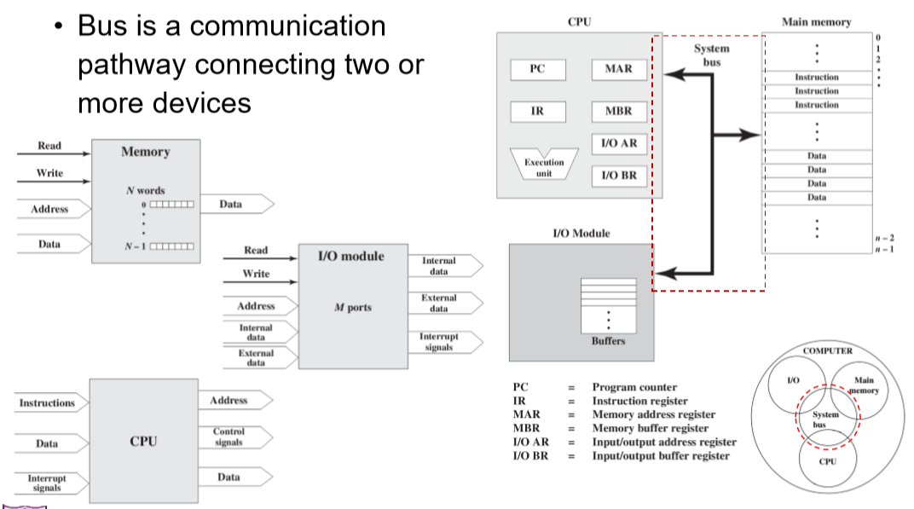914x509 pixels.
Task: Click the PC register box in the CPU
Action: (537, 69)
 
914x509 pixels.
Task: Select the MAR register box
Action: (618, 69)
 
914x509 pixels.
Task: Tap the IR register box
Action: (537, 111)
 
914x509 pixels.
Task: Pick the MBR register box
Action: (618, 111)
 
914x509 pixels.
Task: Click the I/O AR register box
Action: (618, 143)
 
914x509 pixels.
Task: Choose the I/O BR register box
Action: (618, 176)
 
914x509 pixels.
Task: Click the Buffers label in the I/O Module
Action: (608, 341)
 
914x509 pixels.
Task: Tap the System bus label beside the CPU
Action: (711, 55)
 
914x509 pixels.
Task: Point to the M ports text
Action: (353, 308)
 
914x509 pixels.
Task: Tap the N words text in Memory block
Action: (146, 190)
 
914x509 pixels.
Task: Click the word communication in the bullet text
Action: (288, 26)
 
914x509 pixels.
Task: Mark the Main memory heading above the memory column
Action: (816, 22)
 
